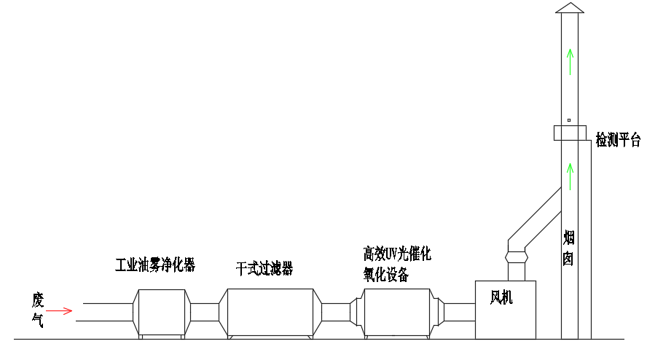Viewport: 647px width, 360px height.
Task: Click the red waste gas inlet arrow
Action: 63,311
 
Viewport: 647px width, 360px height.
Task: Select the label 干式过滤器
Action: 264,269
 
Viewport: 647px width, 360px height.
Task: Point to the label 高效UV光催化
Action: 398,254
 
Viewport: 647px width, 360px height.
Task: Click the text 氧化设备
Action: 386,275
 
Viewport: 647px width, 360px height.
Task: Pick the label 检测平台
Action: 618,140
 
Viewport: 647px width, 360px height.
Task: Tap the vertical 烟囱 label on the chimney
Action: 570,248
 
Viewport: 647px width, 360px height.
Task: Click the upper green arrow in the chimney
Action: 570,61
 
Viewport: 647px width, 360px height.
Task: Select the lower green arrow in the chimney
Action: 570,177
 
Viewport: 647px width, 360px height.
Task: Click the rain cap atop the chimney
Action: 570,8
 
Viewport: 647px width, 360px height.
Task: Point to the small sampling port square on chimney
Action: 569,120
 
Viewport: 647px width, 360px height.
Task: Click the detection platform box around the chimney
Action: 570,133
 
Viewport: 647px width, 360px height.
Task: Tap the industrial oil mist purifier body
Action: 162,312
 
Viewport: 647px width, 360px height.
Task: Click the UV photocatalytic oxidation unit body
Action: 397,312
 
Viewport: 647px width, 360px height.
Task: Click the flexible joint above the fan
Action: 516,257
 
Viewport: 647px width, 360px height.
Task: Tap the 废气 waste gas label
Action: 38,310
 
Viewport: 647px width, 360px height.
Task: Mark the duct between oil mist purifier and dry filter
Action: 205,312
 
